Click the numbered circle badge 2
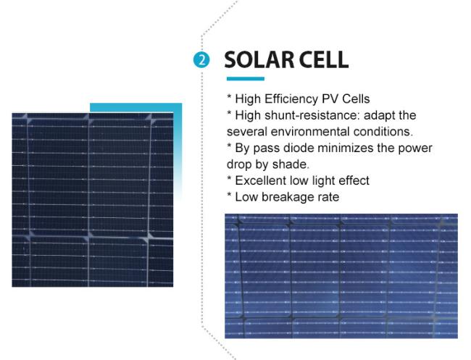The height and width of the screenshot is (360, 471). tap(201, 59)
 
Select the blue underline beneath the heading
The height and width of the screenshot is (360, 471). tap(246, 79)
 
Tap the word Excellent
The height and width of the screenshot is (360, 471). tap(260, 181)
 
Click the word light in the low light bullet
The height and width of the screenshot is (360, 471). tap(323, 181)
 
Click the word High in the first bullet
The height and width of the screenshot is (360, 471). tap(248, 99)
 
